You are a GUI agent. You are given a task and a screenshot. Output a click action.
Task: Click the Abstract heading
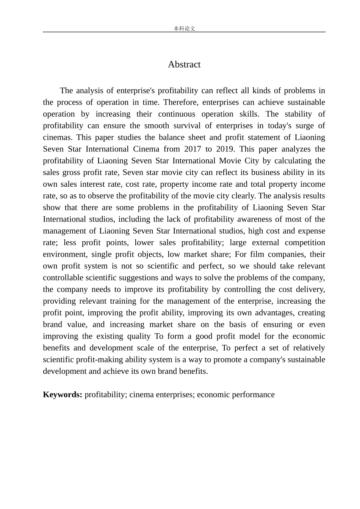click(184, 64)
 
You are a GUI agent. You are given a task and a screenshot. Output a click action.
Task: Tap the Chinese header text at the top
click(184, 28)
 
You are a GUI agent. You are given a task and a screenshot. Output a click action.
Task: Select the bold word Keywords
click(63, 395)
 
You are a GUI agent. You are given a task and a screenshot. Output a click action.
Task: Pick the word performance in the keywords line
click(255, 395)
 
